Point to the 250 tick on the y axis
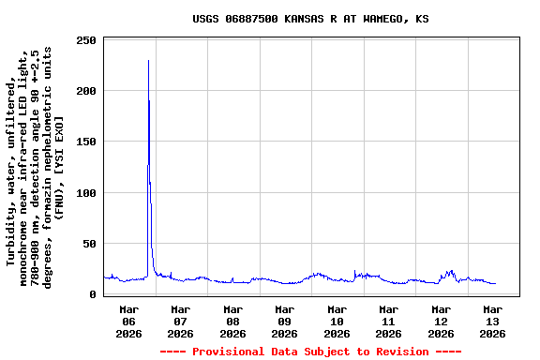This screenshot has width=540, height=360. pos(86,40)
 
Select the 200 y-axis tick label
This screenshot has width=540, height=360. pos(86,91)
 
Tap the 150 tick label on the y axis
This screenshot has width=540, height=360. pos(86,142)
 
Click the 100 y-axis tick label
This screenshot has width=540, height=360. pos(86,193)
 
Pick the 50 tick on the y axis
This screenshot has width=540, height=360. pos(89,244)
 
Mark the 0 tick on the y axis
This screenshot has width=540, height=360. pos(93,294)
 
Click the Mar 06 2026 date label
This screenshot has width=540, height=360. pos(129,321)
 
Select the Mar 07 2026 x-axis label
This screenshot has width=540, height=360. pos(181,321)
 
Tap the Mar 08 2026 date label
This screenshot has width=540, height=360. pos(232,321)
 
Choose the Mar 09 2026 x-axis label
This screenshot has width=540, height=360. pos(285,321)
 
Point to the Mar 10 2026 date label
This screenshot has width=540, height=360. pos(337,321)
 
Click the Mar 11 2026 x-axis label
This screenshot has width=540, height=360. pos(388,321)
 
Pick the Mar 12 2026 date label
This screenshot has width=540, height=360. pos(441,321)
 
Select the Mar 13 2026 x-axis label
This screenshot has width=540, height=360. pos(492,321)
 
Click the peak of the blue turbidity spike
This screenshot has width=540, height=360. pos(148,61)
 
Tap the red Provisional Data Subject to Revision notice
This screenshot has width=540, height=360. pos(310,352)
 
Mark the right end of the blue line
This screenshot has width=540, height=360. pos(495,283)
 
